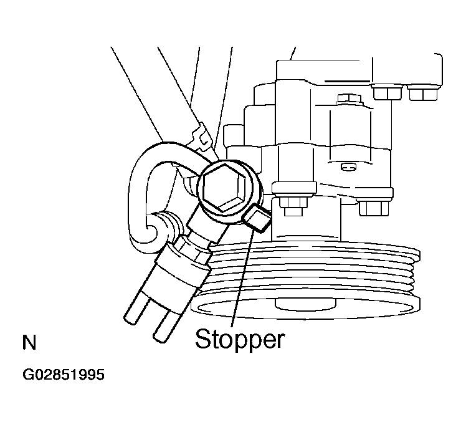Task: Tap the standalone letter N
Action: tap(29, 343)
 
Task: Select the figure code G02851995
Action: tap(64, 375)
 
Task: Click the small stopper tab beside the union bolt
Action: tap(257, 219)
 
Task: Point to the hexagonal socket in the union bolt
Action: tap(224, 187)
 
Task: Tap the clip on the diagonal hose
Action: tap(201, 136)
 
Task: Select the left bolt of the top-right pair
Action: tap(388, 92)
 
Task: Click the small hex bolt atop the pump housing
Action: tap(349, 99)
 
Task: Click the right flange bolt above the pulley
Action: tap(374, 208)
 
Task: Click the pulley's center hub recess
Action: tap(305, 304)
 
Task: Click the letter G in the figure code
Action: tap(27, 375)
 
